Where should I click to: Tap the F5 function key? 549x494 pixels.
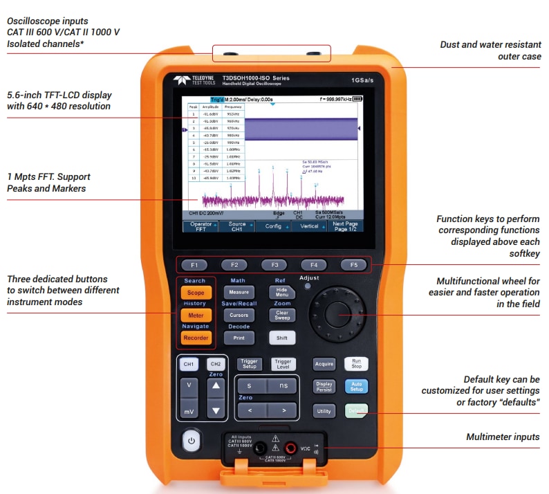pos(353,264)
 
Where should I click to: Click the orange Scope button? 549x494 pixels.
pos(195,293)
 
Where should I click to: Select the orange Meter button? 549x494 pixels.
pos(195,315)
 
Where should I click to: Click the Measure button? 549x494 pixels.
pos(239,293)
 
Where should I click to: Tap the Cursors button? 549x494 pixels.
pos(239,315)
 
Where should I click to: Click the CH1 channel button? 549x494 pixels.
pos(189,363)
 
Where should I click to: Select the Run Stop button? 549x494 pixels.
pos(356,363)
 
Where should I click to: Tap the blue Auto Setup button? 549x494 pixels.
pos(356,386)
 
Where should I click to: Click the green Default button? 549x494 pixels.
pos(356,410)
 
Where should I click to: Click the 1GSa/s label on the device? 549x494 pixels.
pos(363,80)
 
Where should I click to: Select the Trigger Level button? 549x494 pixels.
pos(283,363)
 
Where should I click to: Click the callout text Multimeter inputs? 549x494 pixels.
pos(503,437)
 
